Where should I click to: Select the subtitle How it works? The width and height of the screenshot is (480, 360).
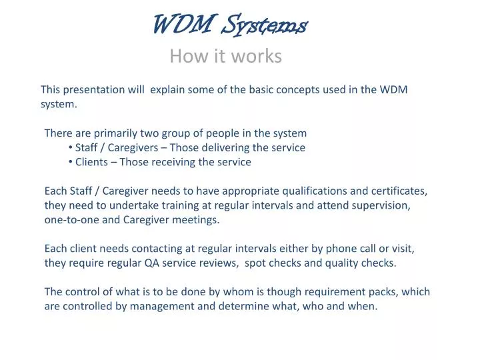[x=225, y=56]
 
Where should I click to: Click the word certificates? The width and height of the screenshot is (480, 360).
[x=398, y=191]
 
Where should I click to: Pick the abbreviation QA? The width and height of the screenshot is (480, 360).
[x=152, y=263]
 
